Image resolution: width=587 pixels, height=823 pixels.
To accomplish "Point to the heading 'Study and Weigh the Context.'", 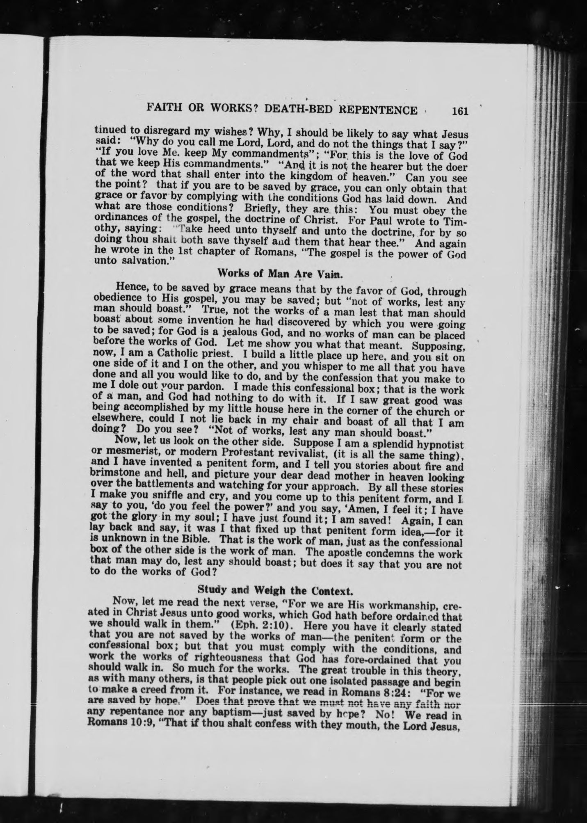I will (275, 591).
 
